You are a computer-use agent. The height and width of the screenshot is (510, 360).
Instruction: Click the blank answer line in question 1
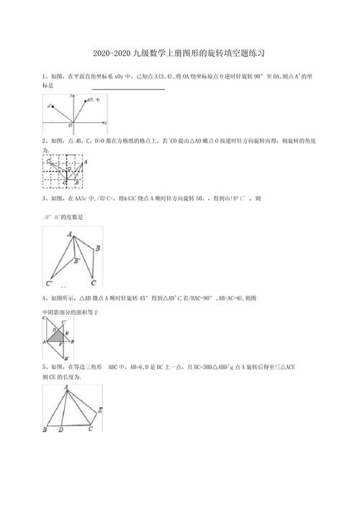pos(128,89)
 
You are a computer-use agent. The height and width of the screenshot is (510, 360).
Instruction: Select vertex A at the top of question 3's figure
pos(70,233)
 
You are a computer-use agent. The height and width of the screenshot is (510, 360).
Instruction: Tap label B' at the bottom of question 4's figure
pos(66,358)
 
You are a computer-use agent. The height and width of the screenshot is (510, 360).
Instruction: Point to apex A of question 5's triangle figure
pos(67,387)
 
